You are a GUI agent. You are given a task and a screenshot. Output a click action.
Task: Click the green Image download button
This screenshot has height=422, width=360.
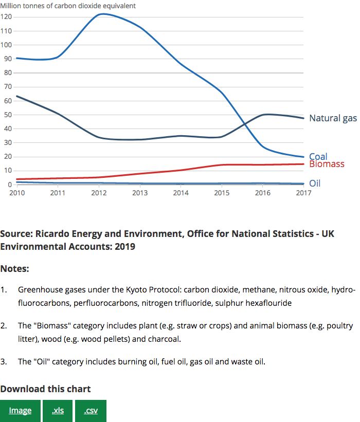coord(20,411)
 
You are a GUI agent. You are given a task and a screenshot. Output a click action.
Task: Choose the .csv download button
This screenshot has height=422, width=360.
coord(91,411)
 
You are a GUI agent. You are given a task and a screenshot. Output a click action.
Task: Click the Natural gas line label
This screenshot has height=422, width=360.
coord(333,118)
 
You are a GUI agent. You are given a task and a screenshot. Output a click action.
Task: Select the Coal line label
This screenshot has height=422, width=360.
coord(318,156)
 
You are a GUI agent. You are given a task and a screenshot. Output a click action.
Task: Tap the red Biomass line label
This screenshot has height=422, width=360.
coord(327,164)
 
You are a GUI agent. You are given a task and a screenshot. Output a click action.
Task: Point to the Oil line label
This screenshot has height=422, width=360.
coord(315,183)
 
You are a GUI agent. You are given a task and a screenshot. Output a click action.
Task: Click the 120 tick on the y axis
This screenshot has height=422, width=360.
coord(6,17)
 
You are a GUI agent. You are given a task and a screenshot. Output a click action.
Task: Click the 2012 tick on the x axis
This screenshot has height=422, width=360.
coord(99,193)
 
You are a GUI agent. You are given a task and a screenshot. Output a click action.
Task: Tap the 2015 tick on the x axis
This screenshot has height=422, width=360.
coord(222,193)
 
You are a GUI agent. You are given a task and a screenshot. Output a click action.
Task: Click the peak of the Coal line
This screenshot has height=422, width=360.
coord(103,14)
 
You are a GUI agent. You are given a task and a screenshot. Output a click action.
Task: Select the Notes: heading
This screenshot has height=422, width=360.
coord(15,269)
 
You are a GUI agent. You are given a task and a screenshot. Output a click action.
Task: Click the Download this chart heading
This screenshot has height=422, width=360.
coord(45,389)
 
